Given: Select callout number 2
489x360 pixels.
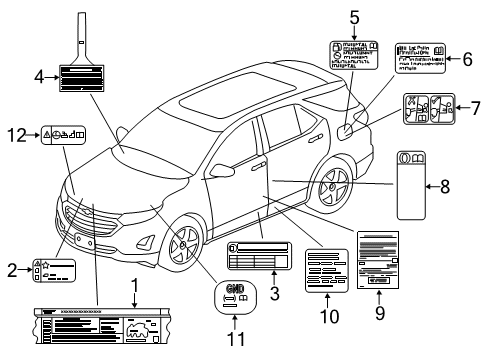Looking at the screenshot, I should [x=11, y=267].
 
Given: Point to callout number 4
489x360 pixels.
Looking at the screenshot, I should [x=39, y=76].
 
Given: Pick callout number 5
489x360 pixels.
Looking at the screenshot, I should [x=354, y=16].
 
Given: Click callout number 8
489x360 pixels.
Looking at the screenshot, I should [x=472, y=185].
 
